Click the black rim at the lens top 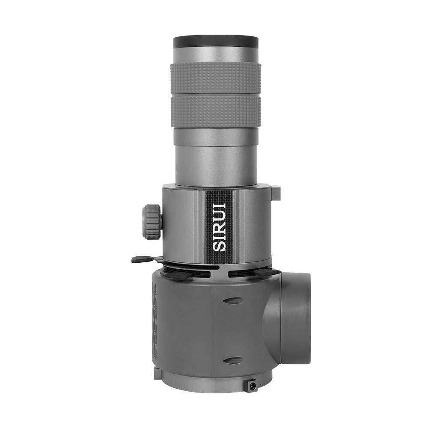pyautogui.click(x=216, y=42)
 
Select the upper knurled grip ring pyautogui.click(x=216, y=77)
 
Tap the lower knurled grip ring pyautogui.click(x=216, y=111)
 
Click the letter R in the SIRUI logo pyautogui.click(x=219, y=223)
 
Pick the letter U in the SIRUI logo pyautogui.click(x=219, y=211)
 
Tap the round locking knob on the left pyautogui.click(x=152, y=222)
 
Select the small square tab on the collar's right pyautogui.click(x=276, y=193)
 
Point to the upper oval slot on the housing pyautogui.click(x=233, y=300)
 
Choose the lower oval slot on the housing pyautogui.click(x=233, y=360)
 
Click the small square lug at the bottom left pyautogui.click(x=158, y=373)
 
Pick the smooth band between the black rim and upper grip pyautogui.click(x=216, y=55)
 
